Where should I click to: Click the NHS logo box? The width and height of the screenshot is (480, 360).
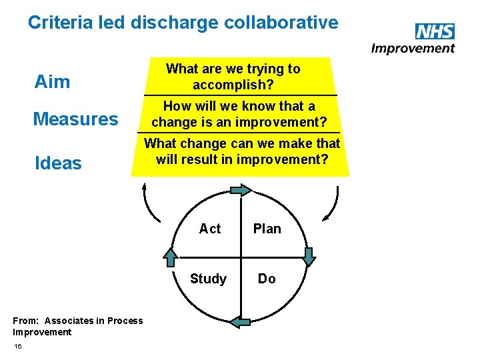pos(434,32)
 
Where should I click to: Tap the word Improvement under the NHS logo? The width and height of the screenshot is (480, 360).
pos(413,48)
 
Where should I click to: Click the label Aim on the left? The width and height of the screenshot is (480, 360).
pos(52,82)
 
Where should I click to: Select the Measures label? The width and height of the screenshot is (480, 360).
pos(75,119)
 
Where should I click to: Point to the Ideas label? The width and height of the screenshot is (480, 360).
pos(58,163)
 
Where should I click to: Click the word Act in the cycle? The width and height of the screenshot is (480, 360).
pos(210,229)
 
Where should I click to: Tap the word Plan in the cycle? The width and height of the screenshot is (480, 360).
pos(267,229)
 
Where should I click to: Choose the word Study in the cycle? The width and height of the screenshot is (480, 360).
pos(208,279)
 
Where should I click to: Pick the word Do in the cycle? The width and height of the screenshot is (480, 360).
pos(267,279)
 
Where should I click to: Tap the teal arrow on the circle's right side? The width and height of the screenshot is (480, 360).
pos(309,256)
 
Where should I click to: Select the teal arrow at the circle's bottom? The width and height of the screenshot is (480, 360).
pos(240,322)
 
